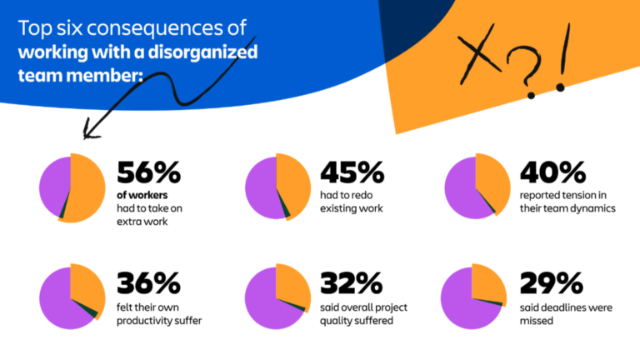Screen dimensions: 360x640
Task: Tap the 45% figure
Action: pos(352,173)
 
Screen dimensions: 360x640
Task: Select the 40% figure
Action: pos(552,173)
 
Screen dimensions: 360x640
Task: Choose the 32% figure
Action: pos(352,283)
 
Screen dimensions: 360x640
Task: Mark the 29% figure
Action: pos(552,283)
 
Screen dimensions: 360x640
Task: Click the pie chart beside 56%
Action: pos(72,187)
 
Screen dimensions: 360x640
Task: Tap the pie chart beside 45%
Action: pos(277,187)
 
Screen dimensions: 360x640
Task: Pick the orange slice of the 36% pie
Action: pos(87,285)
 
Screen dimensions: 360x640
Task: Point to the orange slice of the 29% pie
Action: pos(487,281)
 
